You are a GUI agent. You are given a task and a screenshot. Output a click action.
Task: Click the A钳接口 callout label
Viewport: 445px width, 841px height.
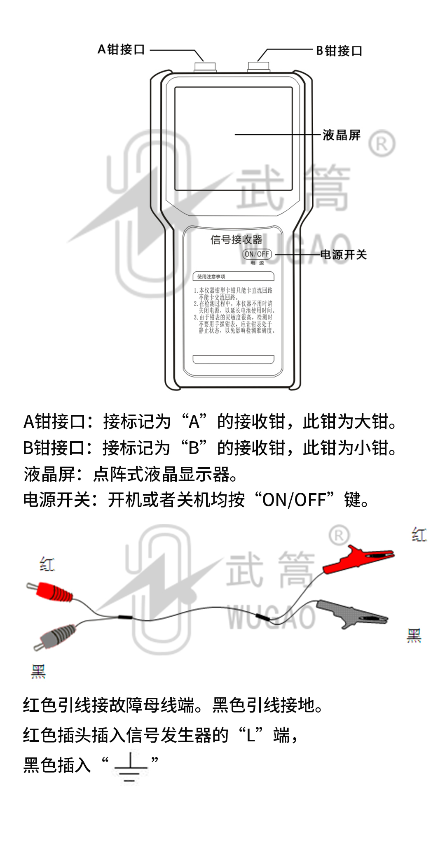click(x=121, y=50)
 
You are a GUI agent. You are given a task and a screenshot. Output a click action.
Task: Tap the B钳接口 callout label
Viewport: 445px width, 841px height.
click(x=339, y=51)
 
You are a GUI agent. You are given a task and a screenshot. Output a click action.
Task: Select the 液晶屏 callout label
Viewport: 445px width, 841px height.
click(x=341, y=135)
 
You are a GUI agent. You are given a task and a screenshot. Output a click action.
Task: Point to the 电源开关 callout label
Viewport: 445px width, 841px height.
click(x=343, y=255)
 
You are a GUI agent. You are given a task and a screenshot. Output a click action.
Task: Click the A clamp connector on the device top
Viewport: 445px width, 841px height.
click(x=205, y=67)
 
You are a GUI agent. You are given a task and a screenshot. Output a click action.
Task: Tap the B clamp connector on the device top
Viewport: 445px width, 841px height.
click(x=259, y=67)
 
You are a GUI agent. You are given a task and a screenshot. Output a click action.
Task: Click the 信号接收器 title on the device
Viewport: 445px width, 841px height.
click(x=236, y=240)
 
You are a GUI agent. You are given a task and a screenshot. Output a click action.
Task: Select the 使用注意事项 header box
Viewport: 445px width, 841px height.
click(x=233, y=276)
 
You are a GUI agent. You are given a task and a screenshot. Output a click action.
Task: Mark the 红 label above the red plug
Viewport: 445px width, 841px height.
click(x=47, y=564)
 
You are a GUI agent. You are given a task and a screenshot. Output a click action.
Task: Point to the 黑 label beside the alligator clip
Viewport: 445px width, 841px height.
click(x=414, y=635)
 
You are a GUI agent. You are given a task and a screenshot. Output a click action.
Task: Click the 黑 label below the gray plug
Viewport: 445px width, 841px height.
click(x=38, y=671)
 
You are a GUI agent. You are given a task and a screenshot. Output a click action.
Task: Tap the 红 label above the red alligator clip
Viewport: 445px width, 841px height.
click(x=419, y=535)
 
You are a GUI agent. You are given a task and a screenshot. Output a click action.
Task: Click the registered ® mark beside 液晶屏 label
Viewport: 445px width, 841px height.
click(x=382, y=144)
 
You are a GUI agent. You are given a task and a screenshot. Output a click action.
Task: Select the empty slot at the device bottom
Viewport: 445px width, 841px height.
click(x=233, y=360)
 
